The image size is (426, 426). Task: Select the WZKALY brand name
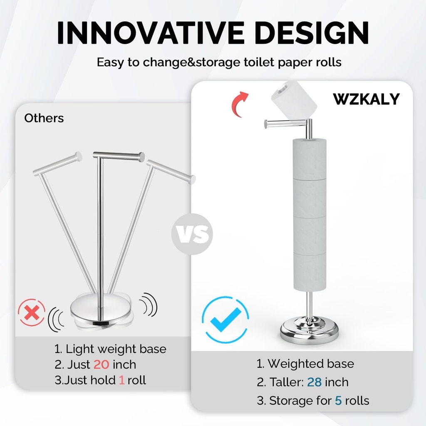pyautogui.click(x=366, y=99)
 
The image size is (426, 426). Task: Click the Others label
pyautogui.click(x=44, y=118)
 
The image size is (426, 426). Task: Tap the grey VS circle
pyautogui.click(x=192, y=234)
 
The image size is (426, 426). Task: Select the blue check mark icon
pyautogui.click(x=225, y=319)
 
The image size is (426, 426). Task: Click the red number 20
pyautogui.click(x=102, y=364)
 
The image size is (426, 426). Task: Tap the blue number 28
pyautogui.click(x=314, y=382)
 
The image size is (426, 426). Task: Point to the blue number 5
pyautogui.click(x=339, y=401)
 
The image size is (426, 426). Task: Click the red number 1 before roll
pyautogui.click(x=121, y=380)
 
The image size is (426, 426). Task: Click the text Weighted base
pyautogui.click(x=311, y=364)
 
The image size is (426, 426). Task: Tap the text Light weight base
pyautogui.click(x=116, y=349)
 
